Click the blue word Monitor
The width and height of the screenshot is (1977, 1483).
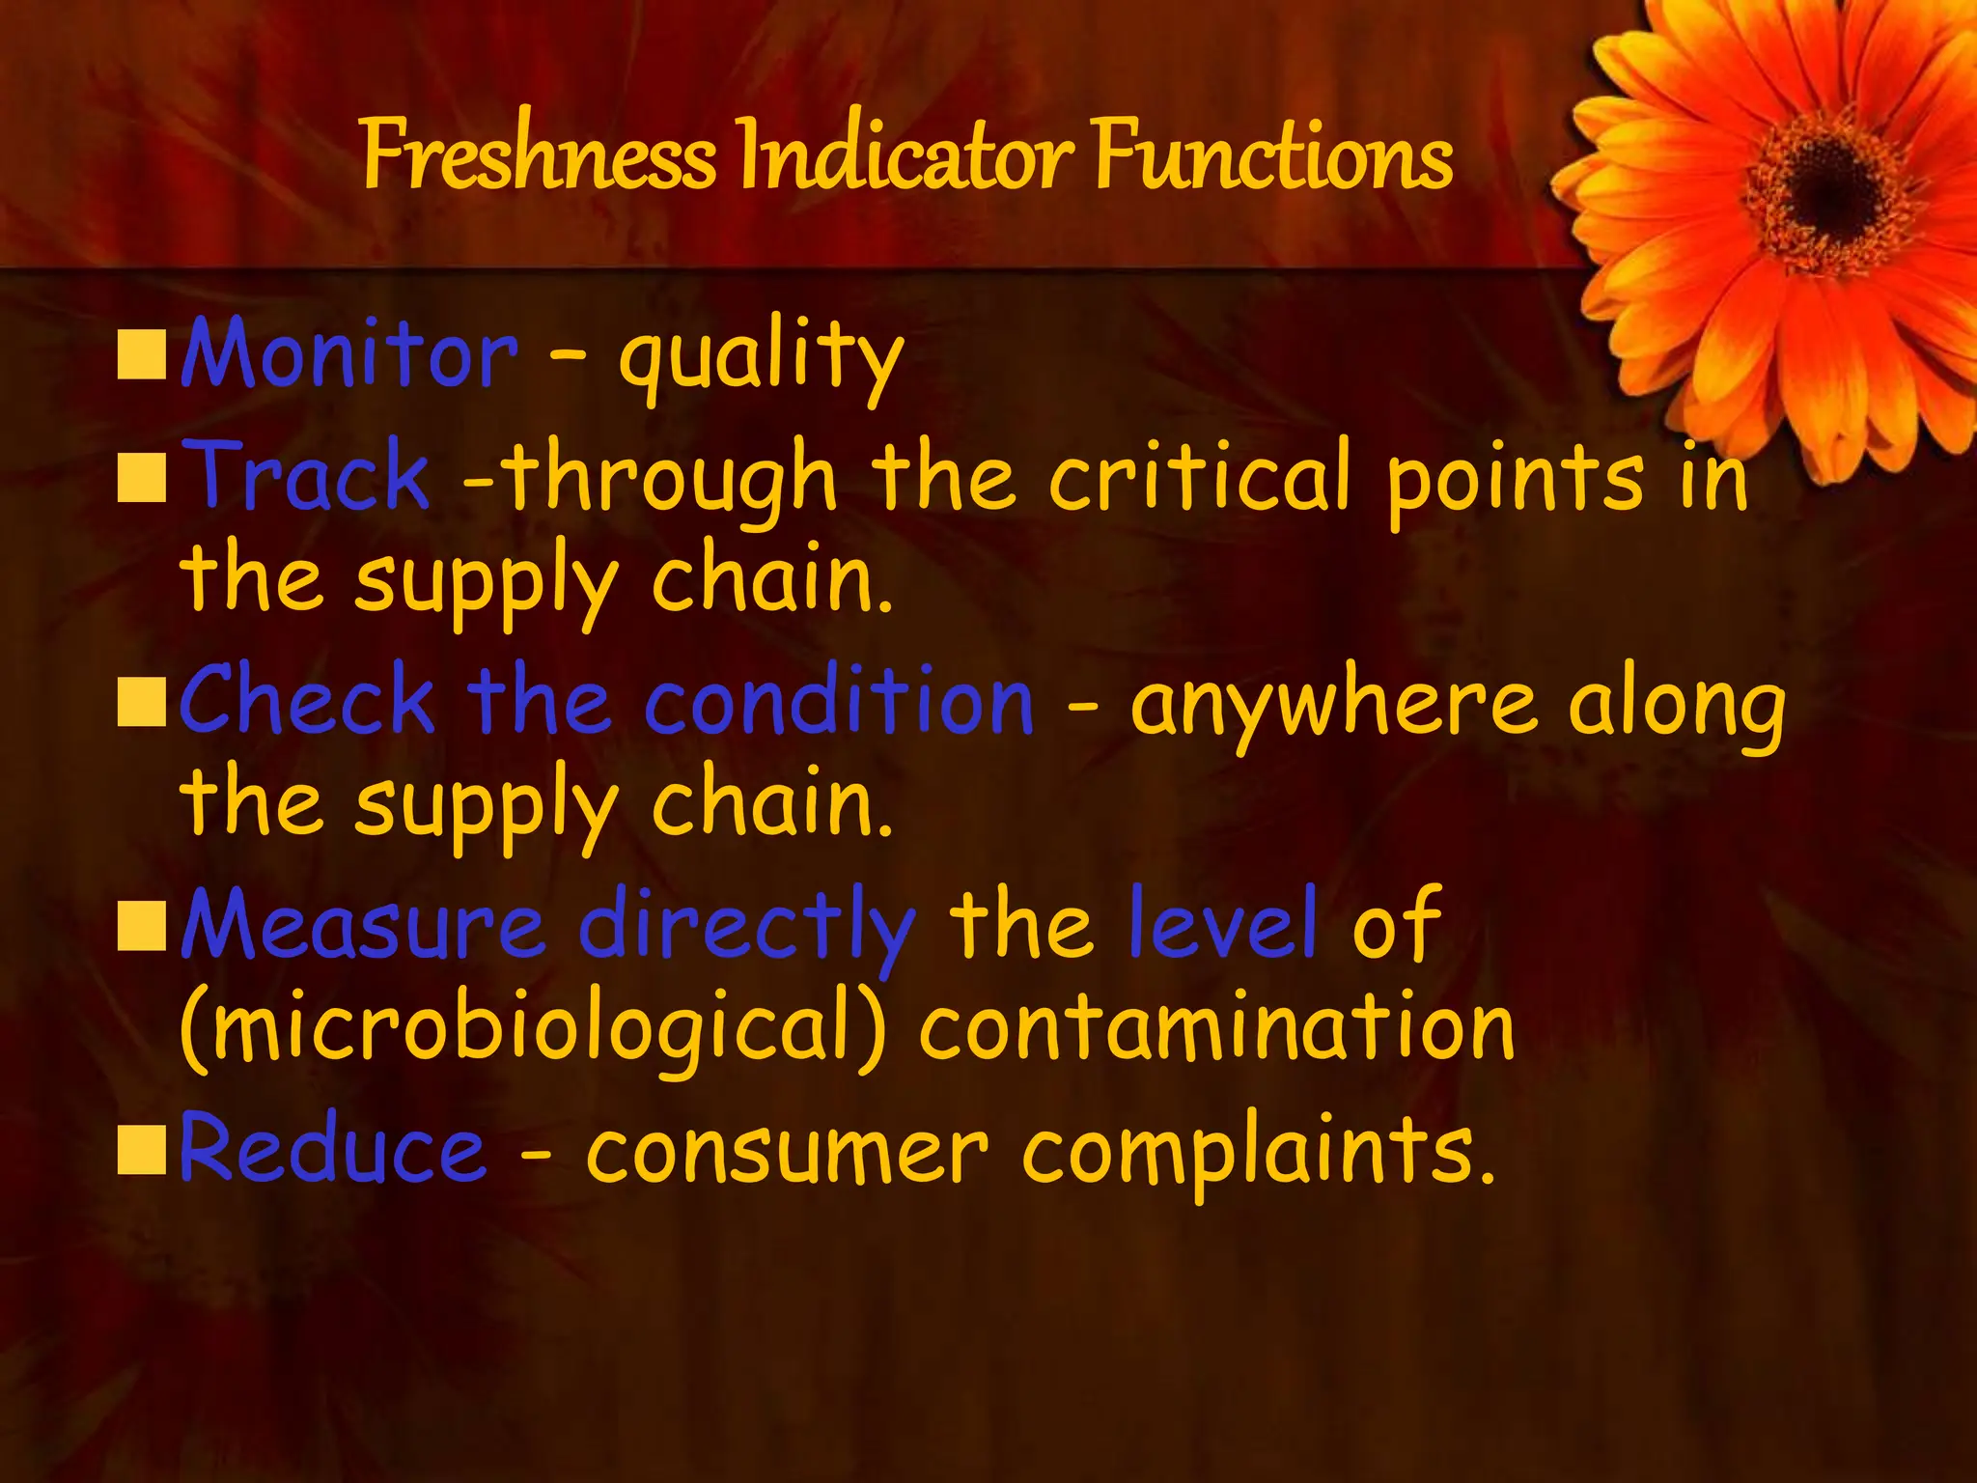click(349, 353)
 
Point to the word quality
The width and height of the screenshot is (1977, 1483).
click(761, 359)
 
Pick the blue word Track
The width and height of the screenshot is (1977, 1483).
click(306, 475)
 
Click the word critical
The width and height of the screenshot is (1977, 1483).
click(1200, 475)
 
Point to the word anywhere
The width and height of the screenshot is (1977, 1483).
click(1333, 705)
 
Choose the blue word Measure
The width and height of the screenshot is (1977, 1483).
click(363, 924)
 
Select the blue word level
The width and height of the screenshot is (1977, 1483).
click(1222, 924)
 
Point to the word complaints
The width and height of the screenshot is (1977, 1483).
click(1258, 1153)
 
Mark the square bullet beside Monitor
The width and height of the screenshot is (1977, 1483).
click(142, 354)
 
